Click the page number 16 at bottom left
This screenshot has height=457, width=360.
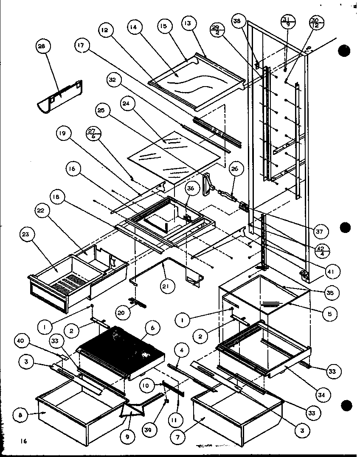coord(23,442)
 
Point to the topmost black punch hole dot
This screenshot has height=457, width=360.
coord(345,50)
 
